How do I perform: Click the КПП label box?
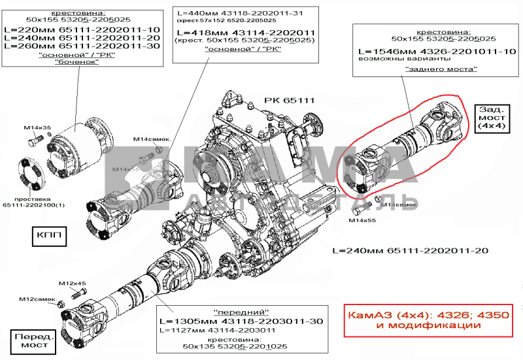tap(49, 236)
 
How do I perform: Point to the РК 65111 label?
tap(290, 101)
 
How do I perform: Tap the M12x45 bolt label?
tap(73, 283)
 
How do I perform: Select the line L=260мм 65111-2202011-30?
tap(82, 47)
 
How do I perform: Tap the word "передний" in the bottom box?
tap(241, 312)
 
